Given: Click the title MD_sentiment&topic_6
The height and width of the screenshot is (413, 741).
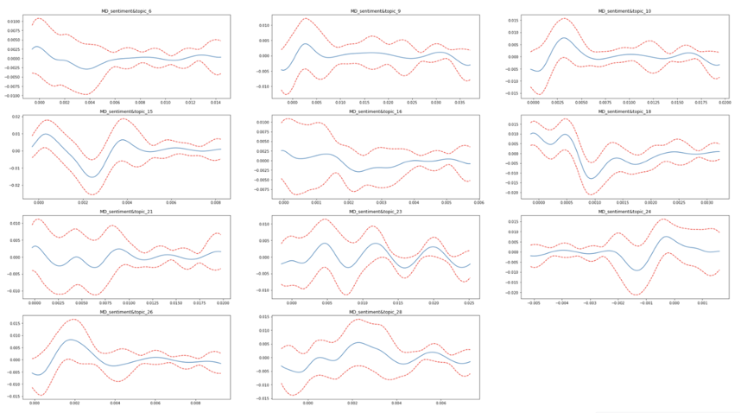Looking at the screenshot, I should tap(128, 11).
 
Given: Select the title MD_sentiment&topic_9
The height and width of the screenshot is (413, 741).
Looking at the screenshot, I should tap(374, 11).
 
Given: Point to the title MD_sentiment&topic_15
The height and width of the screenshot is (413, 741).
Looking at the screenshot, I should tap(128, 111).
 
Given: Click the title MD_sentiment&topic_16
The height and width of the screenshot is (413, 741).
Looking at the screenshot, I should tap(374, 111).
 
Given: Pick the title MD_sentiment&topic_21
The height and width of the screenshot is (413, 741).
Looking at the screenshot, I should tap(128, 211).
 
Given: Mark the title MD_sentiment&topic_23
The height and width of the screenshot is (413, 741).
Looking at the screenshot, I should tap(374, 211).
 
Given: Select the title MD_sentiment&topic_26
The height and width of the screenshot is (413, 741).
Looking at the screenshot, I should tap(128, 311).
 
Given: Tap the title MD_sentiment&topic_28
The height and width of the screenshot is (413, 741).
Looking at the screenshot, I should tap(374, 311).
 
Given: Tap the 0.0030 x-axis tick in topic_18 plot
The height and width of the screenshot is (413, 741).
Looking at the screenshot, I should tap(706, 202).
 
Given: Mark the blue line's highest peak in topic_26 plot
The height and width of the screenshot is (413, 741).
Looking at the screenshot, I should tap(73, 340).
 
